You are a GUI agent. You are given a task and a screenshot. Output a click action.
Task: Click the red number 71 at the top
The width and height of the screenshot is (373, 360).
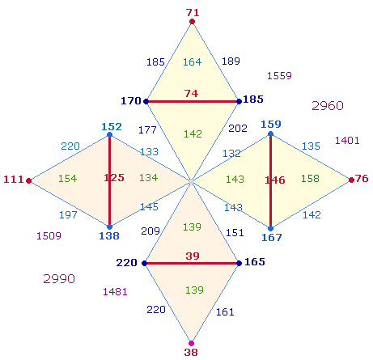pos(193,13)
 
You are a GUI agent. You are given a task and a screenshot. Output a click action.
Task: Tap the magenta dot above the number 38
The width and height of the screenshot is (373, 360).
pos(191,343)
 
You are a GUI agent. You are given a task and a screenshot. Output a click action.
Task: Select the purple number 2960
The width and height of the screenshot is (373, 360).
pos(328,105)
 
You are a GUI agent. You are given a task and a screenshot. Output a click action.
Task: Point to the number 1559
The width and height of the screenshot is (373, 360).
pos(279,75)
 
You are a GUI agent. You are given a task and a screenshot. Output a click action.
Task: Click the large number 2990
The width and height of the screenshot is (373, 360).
pos(59,278)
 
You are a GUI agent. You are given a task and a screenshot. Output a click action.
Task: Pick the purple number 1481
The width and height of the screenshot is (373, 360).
pos(115,291)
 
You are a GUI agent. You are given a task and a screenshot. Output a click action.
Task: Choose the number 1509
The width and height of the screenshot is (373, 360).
pos(49,236)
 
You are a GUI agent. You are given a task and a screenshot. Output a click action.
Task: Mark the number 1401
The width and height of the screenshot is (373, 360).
pos(347,141)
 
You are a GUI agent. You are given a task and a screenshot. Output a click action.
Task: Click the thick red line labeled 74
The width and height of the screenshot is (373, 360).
pos(193,102)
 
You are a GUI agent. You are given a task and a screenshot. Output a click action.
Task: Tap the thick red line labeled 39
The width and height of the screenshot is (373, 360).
pos(192,263)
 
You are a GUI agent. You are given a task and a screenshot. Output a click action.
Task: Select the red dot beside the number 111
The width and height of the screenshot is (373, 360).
pos(29,180)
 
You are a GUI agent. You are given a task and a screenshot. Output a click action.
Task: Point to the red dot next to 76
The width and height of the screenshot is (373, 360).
pos(351,180)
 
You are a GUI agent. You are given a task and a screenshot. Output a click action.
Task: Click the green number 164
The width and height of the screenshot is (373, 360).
pos(193,62)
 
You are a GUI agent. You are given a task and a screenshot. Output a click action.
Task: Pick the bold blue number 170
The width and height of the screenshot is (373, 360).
pos(131,101)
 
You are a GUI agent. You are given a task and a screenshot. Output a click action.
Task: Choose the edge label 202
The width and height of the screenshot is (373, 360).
pos(238,128)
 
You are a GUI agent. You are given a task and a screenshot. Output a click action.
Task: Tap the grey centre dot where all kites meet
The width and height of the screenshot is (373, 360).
pos(191,181)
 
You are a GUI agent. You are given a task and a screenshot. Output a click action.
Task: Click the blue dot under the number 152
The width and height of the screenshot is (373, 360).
pos(109,134)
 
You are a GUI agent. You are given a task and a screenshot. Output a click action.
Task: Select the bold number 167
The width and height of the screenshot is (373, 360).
pos(272,238)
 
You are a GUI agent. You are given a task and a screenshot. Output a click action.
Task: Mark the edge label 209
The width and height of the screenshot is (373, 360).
pos(150,231)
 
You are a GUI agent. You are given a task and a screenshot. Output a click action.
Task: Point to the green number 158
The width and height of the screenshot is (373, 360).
pos(310,178)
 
